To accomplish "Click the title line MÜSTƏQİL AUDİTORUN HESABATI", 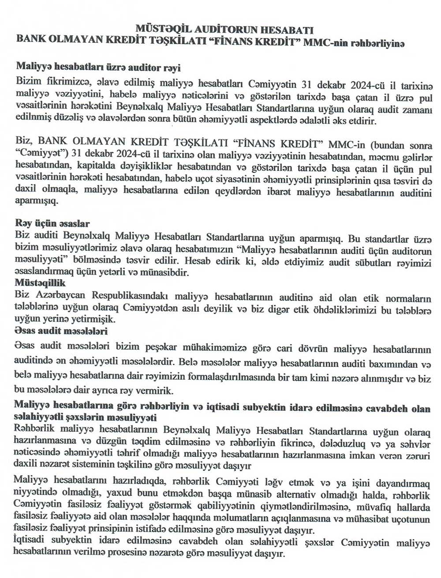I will click(224, 30).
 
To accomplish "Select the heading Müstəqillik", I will click(40, 283).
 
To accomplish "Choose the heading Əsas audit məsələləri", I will click(60, 331).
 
